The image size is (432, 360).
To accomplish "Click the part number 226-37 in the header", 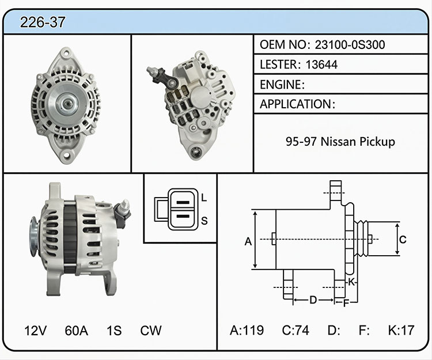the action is pos(43,22).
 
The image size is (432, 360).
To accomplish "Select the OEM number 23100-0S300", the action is pos(350,44).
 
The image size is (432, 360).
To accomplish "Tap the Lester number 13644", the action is pos(321,65).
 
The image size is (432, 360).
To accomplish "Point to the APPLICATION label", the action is pos(295,104).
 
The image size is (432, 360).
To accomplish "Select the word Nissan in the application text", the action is pos(338,142).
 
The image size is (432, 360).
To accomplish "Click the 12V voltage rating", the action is pos(36,331).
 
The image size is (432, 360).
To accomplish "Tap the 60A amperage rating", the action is pos(76,331).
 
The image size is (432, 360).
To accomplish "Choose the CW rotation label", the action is pos(151,331).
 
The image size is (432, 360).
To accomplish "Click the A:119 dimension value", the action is pos(247,330).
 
